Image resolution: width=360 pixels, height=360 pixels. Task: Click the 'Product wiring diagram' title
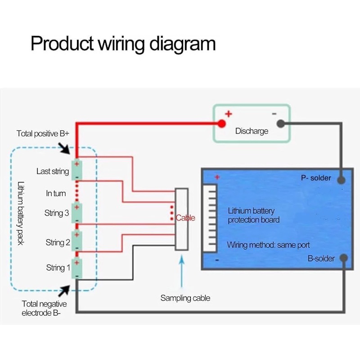[x=123, y=44]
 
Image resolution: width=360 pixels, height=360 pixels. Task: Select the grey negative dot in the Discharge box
[x=281, y=123]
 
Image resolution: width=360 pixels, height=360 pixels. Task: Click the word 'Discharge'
[x=252, y=131]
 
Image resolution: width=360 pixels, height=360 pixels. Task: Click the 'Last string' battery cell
[x=77, y=171]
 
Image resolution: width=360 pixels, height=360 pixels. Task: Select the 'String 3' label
[x=57, y=213]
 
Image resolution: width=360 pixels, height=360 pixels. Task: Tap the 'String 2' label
[x=58, y=243]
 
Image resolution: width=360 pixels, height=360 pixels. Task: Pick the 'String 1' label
[x=58, y=268]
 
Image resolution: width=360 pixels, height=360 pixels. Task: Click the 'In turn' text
[x=56, y=193]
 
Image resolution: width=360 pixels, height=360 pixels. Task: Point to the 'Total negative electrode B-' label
[x=44, y=308]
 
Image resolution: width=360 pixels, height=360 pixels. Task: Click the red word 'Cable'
[x=185, y=218]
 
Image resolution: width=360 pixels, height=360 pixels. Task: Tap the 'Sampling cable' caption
[x=185, y=298]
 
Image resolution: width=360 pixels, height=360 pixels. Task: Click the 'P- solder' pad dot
[x=342, y=180]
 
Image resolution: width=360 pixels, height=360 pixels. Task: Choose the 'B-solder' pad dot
[x=343, y=258]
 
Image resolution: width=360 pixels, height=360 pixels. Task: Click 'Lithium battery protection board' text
[x=254, y=215]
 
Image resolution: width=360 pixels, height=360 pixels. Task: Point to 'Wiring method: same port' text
[x=268, y=246]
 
